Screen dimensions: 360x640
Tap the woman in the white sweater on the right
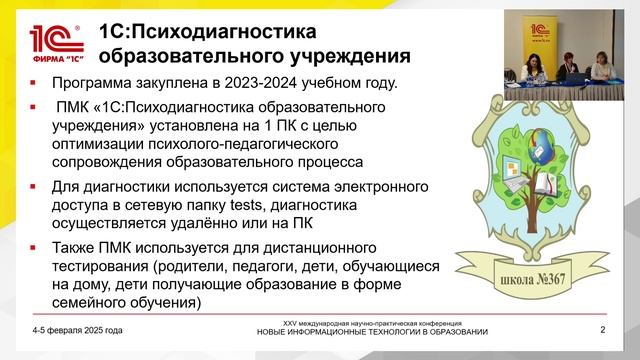[x=604, y=70]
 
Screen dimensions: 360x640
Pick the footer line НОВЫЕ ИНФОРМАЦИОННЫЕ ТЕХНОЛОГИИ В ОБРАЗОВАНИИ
[x=372, y=332]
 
